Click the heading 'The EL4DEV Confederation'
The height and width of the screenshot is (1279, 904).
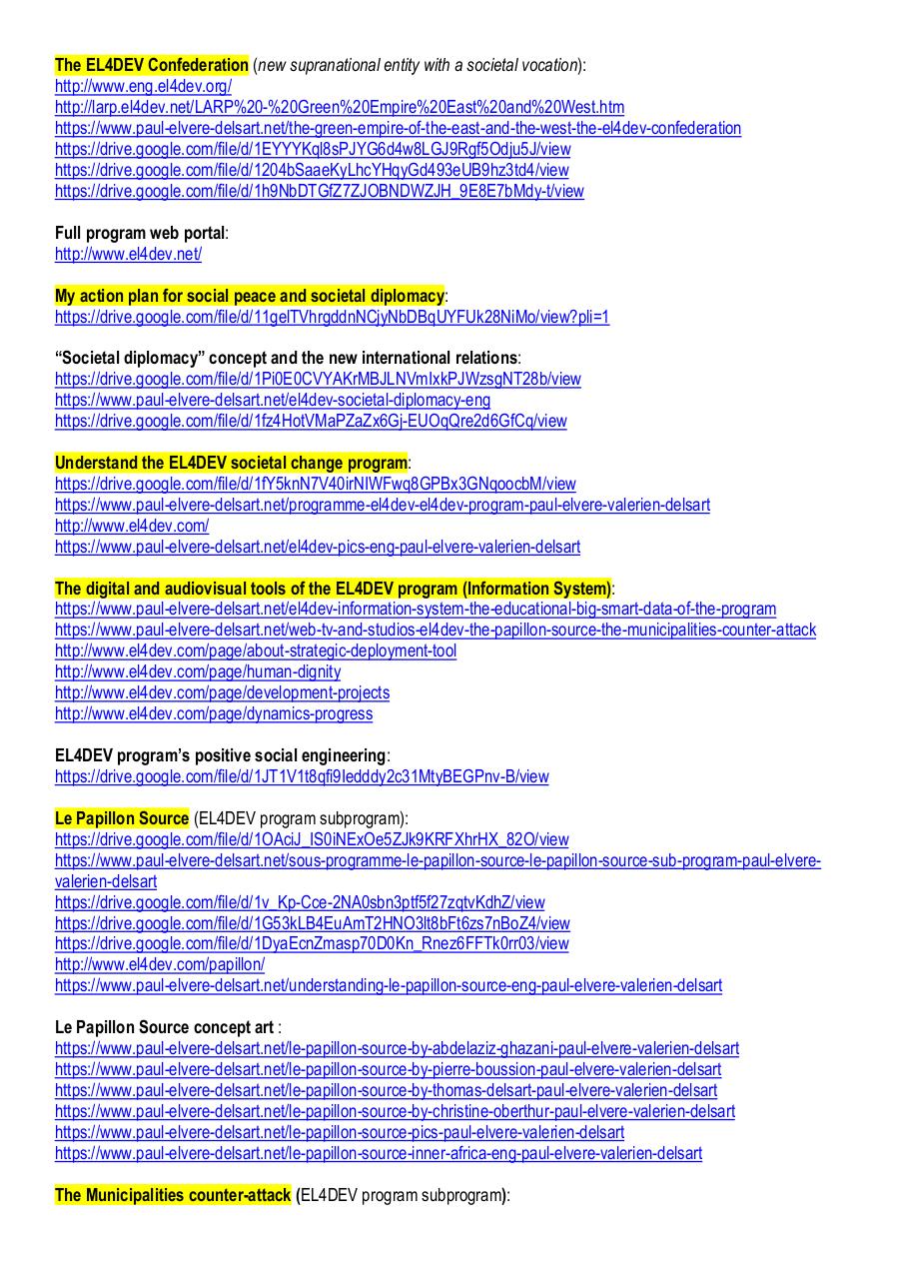(152, 65)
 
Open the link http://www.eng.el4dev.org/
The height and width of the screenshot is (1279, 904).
(143, 86)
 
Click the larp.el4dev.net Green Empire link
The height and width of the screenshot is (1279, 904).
(340, 107)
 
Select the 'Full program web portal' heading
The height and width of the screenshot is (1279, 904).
(140, 233)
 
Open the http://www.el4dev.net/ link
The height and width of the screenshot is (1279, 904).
(128, 254)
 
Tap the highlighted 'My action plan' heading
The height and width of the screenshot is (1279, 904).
(250, 296)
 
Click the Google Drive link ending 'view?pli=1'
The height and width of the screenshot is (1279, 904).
(332, 317)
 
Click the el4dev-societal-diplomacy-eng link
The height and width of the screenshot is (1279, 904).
(273, 400)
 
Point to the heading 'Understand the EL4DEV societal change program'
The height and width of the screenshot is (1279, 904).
(232, 463)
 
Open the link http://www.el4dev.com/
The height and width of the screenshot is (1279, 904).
(132, 526)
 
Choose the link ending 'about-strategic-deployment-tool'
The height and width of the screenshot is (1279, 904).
(256, 651)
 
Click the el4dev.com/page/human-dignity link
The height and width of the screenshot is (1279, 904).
(198, 672)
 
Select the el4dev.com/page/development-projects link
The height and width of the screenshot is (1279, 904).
(222, 692)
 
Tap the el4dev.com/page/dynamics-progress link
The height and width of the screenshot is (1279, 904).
(214, 713)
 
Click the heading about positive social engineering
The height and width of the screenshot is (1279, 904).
(220, 755)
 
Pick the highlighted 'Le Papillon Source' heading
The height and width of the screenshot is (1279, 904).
(122, 818)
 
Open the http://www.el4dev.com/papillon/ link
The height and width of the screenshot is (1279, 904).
(160, 964)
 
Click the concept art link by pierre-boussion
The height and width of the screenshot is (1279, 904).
(388, 1069)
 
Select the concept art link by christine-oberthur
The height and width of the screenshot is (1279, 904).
(395, 1111)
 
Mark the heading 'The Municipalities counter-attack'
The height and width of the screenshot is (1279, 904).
(173, 1195)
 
